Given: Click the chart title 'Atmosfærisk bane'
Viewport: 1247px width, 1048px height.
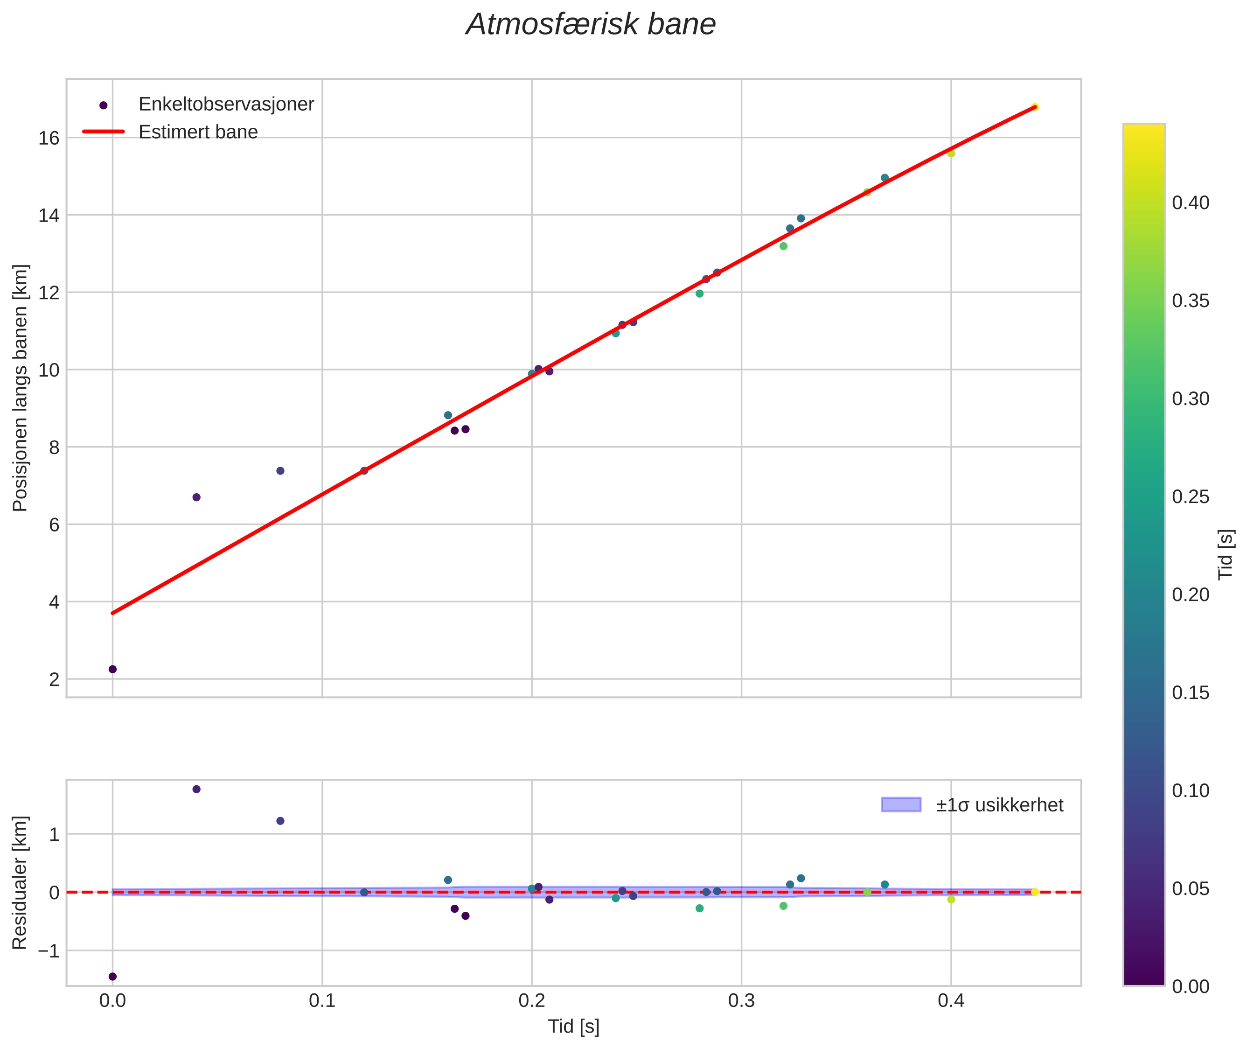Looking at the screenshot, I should coord(591,25).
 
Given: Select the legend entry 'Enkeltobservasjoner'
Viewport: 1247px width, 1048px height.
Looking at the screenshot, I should coord(226,104).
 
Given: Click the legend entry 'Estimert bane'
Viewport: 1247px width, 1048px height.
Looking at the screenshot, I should coord(198,132).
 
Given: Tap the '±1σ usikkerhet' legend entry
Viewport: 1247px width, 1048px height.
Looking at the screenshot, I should coord(999,805).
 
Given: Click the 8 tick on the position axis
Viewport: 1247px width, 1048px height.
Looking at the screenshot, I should coord(55,447).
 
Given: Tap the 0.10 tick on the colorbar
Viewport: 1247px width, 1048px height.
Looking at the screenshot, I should coord(1191,791).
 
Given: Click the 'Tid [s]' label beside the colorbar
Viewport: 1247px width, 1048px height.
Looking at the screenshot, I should coord(1226,554).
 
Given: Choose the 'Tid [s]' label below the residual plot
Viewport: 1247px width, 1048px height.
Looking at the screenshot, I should coord(573,1027).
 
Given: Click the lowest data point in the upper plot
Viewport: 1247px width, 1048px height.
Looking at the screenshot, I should coord(112,669).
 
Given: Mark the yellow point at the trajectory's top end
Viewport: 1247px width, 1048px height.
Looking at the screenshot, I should coord(1034,107).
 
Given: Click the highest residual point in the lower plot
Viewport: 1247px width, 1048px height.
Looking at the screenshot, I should coord(197,789).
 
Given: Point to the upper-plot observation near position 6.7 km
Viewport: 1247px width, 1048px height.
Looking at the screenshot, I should coord(197,497).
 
